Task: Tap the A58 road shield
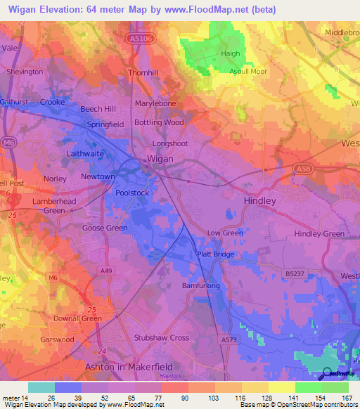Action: click(302, 169)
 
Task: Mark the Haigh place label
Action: click(231, 53)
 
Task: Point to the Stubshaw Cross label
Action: click(162, 337)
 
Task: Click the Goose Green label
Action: click(105, 228)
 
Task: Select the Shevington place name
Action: click(25, 72)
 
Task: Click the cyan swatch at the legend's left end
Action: click(41, 387)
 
